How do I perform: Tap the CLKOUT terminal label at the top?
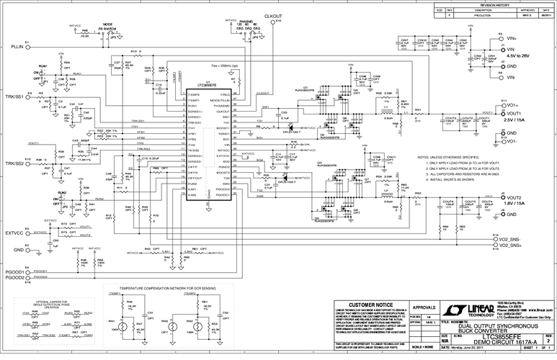point(275,15)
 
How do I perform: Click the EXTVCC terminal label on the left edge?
point(14,233)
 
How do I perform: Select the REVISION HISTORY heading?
point(494,4)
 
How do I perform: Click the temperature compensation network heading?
point(169,287)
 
